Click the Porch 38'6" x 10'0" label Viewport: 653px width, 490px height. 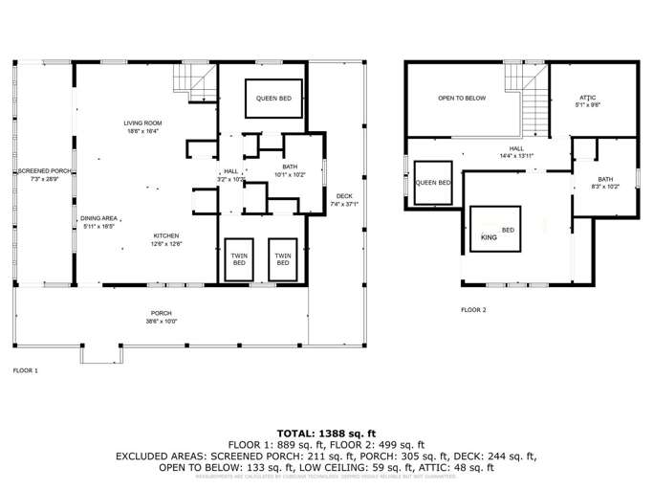point(161,317)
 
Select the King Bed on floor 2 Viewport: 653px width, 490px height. point(495,230)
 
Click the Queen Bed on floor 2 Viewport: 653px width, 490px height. point(432,183)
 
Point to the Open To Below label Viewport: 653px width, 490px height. point(462,98)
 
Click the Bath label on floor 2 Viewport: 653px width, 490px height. point(606,183)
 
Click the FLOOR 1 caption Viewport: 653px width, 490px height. point(25,369)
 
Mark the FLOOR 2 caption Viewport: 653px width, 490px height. point(473,310)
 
